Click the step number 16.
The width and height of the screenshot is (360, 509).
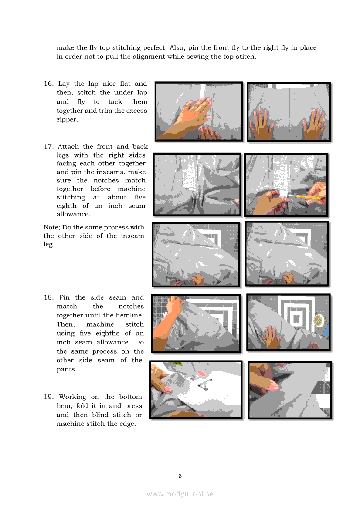49,84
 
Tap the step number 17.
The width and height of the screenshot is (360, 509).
49,147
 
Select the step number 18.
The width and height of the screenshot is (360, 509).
49,297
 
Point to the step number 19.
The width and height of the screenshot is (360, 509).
49,397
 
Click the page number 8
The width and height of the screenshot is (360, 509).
180,476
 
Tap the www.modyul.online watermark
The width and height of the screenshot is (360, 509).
180,494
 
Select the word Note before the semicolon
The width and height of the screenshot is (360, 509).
51,227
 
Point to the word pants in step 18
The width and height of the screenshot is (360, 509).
66,369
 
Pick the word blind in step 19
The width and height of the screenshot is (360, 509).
100,415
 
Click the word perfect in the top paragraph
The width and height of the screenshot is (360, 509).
155,48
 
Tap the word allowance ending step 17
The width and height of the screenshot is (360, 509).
73,214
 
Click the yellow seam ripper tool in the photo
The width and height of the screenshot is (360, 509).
307,196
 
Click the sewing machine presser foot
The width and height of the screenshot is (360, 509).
204,384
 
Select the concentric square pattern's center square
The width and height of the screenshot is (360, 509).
296,319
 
